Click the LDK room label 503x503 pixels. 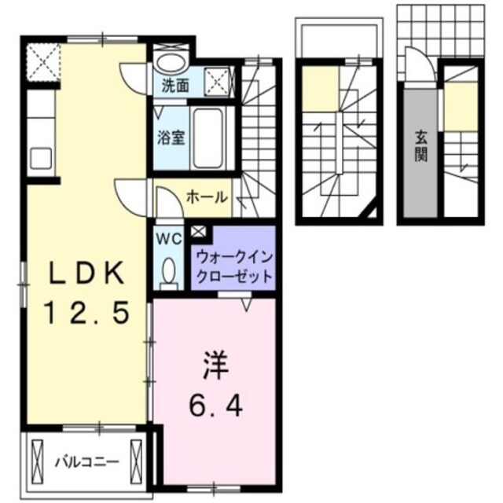tap(87, 274)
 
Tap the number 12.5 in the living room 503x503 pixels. tap(87, 315)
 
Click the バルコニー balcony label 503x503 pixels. tap(86, 461)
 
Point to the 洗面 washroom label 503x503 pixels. tap(175, 85)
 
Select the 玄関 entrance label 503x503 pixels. tap(421, 146)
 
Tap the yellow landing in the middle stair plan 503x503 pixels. tap(320, 89)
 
